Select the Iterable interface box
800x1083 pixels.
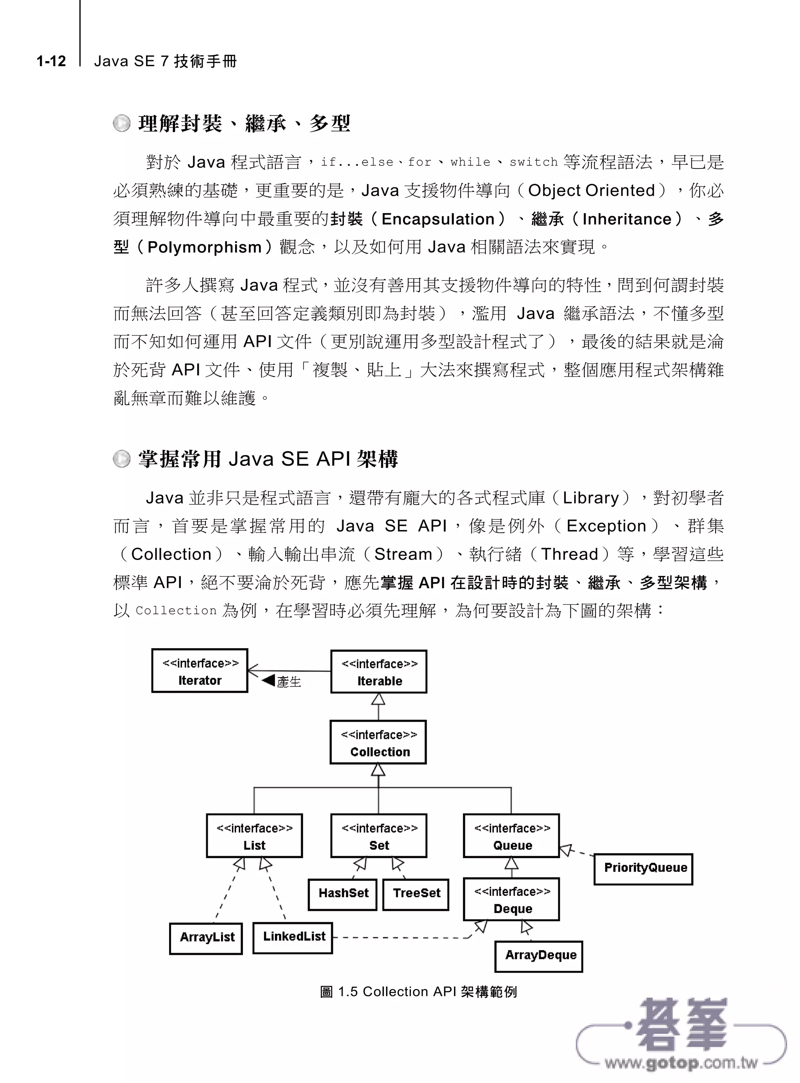click(379, 672)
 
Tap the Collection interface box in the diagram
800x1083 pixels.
click(378, 743)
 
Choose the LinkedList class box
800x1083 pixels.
click(293, 938)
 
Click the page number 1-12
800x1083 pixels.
click(51, 61)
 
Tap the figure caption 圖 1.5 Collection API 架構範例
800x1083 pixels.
click(418, 992)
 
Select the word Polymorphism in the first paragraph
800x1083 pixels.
click(204, 247)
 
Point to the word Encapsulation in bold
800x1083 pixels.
click(438, 219)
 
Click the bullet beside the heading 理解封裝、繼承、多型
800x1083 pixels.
click(122, 124)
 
